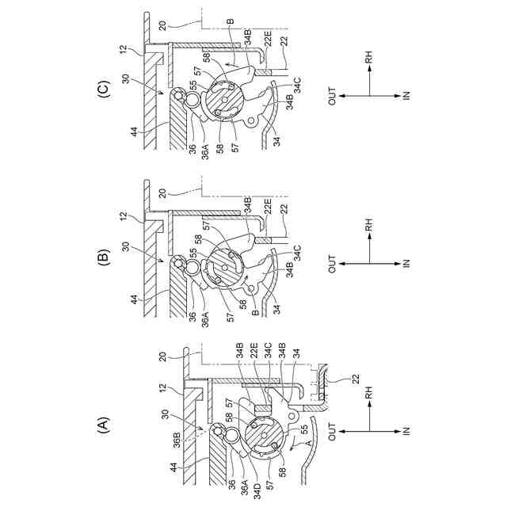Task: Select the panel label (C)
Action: [x=104, y=88]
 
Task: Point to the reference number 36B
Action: [x=177, y=443]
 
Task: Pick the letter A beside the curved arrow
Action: [x=308, y=442]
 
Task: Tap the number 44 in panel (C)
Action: [x=135, y=132]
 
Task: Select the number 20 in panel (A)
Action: [x=162, y=356]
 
